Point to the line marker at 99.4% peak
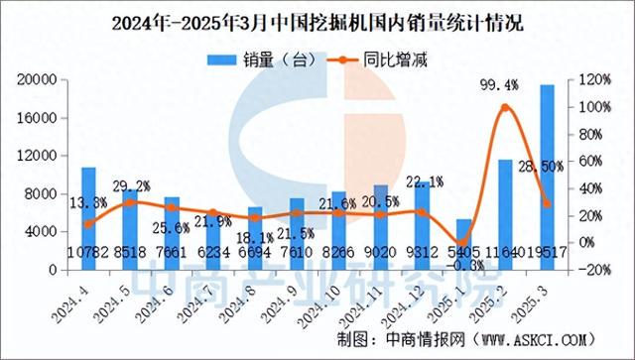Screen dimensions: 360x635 [x=505, y=107]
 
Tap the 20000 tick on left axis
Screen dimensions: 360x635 [x=41, y=80]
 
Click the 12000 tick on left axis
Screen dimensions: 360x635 [x=41, y=156]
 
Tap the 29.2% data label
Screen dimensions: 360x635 [x=131, y=185]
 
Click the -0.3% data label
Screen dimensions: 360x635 [x=461, y=265]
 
